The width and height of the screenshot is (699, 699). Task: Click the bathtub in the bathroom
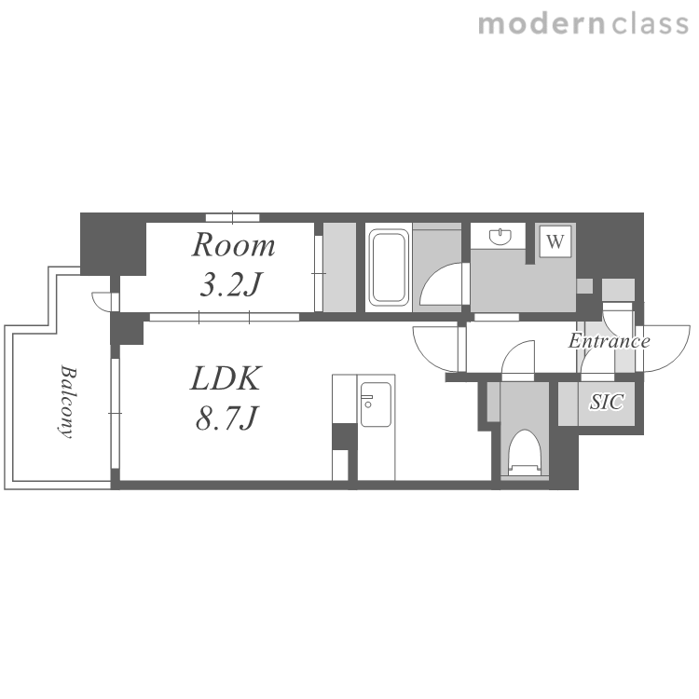389,267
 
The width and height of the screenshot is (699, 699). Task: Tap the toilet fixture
525,452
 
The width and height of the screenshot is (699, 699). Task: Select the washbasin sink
500,237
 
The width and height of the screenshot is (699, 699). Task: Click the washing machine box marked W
555,241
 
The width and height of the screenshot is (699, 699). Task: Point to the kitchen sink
376,404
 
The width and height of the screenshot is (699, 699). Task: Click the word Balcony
67,402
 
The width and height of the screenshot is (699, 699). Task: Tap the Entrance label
609,341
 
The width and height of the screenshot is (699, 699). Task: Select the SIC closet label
607,402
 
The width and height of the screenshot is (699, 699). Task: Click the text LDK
226,379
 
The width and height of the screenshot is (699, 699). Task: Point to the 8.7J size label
226,418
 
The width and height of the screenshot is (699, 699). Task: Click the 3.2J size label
230,284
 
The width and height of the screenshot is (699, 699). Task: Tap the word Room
233,245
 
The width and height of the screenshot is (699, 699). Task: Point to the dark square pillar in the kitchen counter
345,437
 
